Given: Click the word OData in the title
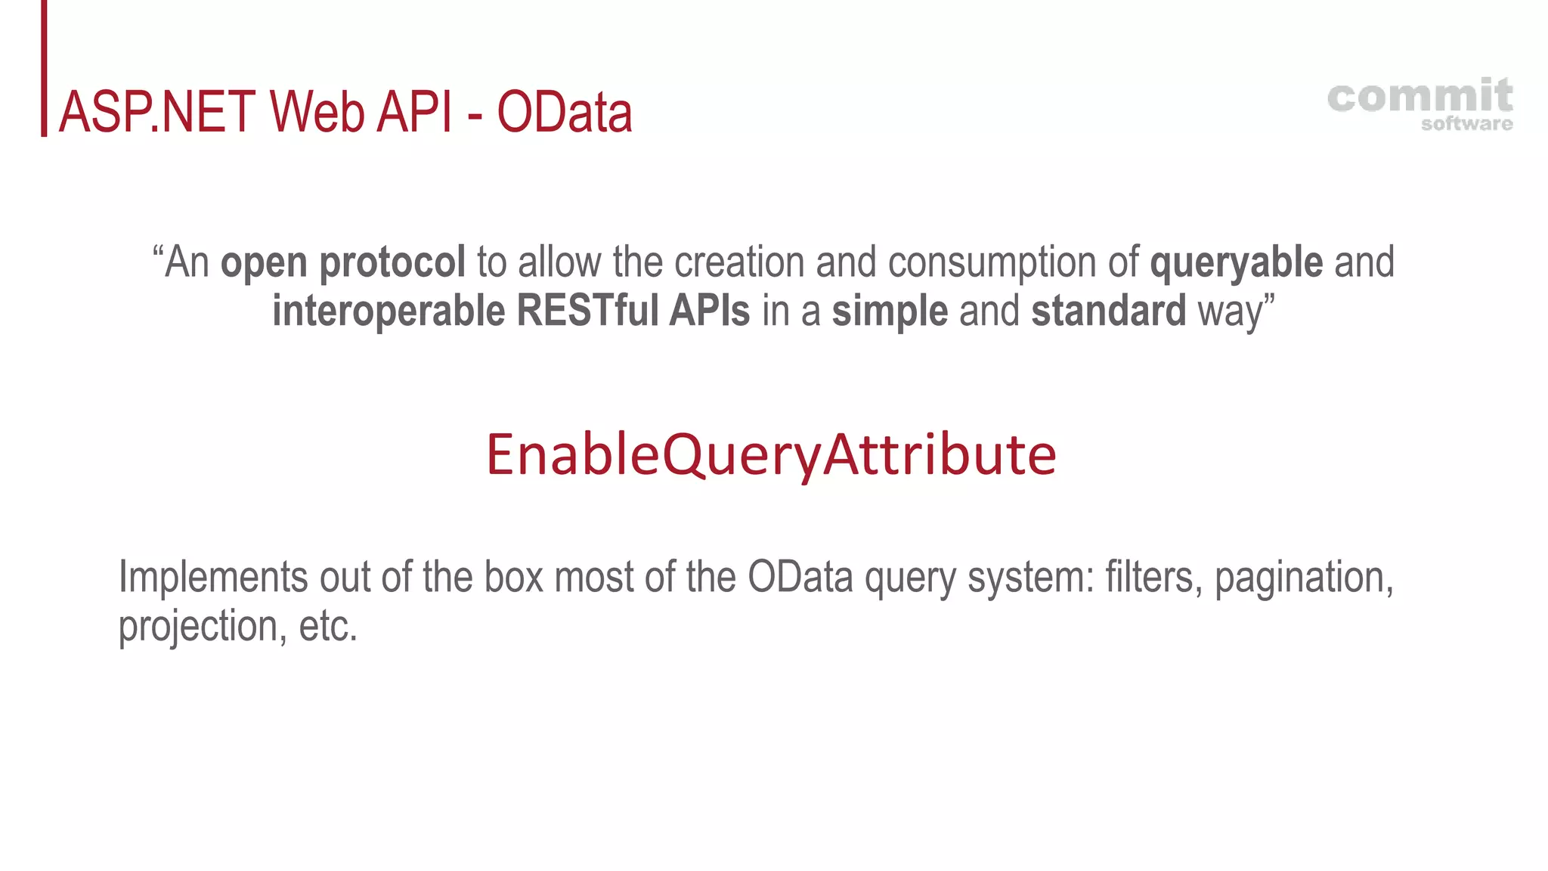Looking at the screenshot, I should (x=564, y=113).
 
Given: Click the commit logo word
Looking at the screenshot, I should (x=1420, y=97).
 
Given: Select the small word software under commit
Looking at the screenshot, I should (x=1466, y=124).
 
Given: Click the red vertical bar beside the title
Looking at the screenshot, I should (x=44, y=68).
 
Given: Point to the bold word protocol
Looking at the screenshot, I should (x=392, y=262).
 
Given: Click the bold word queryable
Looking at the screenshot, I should (x=1236, y=262).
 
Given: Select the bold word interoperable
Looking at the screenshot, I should (x=389, y=311).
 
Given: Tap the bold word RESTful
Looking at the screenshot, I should (x=589, y=311).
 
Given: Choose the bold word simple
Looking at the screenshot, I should (x=890, y=311).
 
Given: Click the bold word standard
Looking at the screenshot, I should (x=1108, y=311).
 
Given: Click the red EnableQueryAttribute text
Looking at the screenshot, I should (x=771, y=454).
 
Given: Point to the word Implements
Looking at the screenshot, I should (x=213, y=578).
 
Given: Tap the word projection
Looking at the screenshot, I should (x=198, y=627).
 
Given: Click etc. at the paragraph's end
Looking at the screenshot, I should (x=328, y=627).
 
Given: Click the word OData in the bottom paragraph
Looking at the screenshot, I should (x=800, y=577).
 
